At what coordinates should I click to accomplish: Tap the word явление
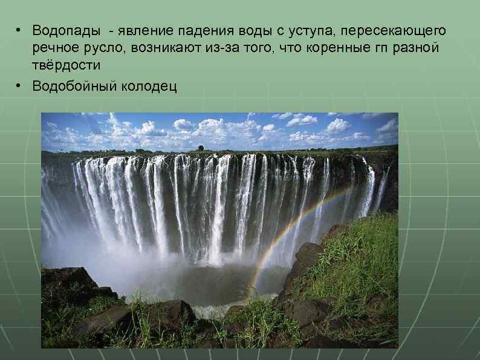click(x=144, y=30)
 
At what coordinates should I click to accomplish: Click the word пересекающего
click(x=396, y=30)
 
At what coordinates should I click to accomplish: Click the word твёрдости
click(x=66, y=65)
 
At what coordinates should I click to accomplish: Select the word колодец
click(x=150, y=86)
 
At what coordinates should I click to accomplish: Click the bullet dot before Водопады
click(x=19, y=30)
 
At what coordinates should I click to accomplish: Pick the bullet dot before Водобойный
click(x=19, y=86)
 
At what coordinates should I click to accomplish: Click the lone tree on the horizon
click(x=201, y=147)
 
